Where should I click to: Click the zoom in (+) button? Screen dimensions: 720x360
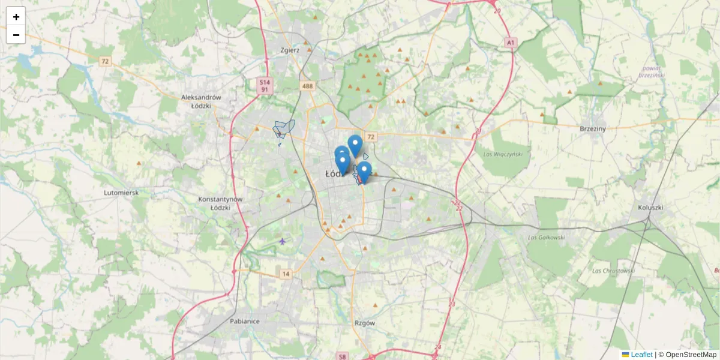(16, 17)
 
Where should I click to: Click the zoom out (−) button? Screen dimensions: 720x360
(16, 35)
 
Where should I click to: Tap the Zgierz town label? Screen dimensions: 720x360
(290, 50)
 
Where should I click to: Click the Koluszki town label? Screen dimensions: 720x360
(651, 208)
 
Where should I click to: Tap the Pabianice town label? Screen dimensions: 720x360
(245, 321)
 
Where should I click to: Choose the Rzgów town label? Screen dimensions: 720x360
(365, 323)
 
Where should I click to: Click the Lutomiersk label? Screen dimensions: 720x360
(121, 193)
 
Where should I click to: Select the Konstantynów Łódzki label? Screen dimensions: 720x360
(220, 203)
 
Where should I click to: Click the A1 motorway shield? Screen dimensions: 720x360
(511, 43)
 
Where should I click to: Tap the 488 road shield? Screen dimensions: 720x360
(307, 86)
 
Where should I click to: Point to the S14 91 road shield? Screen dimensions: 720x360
(264, 85)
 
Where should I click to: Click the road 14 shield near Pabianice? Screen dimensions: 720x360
(286, 274)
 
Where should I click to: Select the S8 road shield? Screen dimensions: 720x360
(342, 356)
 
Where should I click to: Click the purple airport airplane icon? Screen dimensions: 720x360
(283, 241)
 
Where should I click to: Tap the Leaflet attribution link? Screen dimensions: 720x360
(641, 355)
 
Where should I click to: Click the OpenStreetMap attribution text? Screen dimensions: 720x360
(691, 355)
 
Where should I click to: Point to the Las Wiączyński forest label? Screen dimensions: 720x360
(503, 154)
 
